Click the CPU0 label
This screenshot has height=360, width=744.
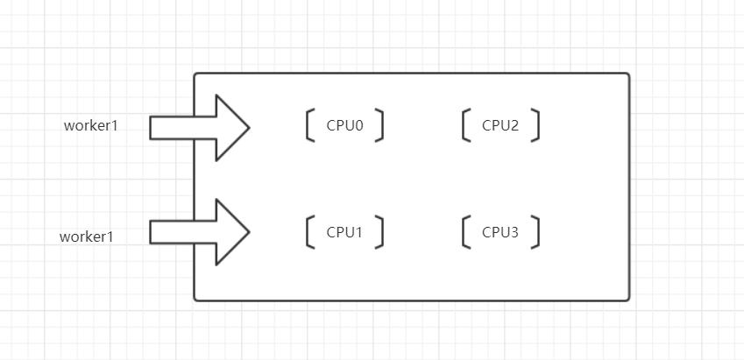(345, 125)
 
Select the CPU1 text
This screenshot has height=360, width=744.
(345, 232)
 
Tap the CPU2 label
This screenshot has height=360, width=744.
(500, 125)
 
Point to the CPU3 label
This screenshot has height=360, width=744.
(500, 232)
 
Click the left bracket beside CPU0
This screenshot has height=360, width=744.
(308, 125)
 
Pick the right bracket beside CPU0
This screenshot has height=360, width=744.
(382, 125)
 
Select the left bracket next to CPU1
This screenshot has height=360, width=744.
(308, 232)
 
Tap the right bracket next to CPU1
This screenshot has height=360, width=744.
(382, 232)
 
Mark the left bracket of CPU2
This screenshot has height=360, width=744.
(463, 125)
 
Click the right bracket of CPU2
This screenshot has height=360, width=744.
(538, 125)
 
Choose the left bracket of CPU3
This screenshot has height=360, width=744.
(463, 232)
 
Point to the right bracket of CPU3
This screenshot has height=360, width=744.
(538, 232)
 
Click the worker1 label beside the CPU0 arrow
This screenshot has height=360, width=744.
(90, 125)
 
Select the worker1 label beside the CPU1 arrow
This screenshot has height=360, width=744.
(87, 236)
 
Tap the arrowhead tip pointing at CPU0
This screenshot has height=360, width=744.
(249, 128)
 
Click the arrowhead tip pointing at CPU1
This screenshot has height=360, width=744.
(249, 232)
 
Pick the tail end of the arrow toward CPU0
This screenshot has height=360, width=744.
(151, 128)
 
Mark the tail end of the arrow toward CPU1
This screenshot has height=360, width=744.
(151, 232)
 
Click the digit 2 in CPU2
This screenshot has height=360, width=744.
(514, 125)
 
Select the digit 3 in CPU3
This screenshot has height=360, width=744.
(514, 232)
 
